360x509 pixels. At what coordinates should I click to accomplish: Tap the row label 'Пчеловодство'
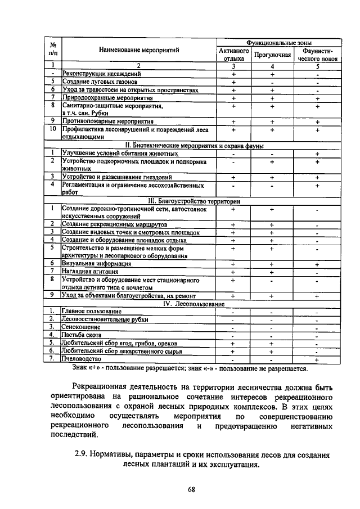(82, 358)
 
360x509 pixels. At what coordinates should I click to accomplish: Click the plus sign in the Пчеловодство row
(317, 359)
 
